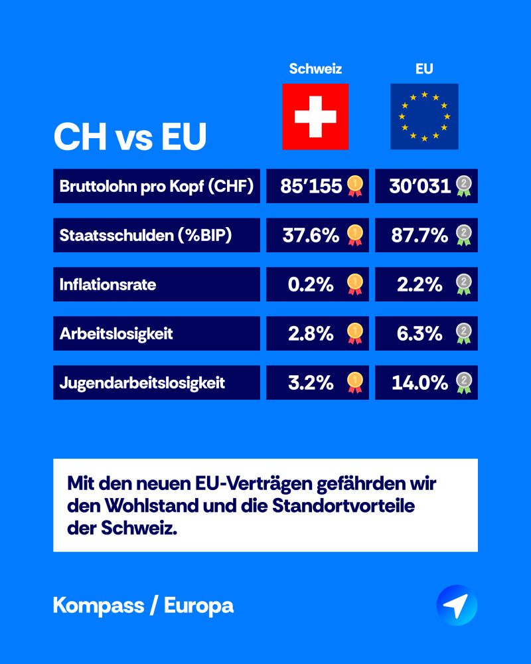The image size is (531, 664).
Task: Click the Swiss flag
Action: click(x=315, y=116)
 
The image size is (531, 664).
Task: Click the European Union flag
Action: click(x=424, y=116)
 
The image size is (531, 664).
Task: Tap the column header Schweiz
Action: click(x=315, y=68)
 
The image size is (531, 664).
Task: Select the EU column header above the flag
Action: click(x=424, y=68)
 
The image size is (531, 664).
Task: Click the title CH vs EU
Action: click(x=130, y=136)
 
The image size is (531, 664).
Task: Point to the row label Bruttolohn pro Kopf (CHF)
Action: click(x=156, y=186)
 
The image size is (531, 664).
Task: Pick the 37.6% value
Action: click(x=311, y=235)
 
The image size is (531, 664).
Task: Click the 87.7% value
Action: click(x=419, y=235)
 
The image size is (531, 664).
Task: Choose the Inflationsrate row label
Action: click(x=108, y=284)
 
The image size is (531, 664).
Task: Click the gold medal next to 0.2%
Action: click(x=355, y=284)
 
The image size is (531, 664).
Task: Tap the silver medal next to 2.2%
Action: click(x=463, y=284)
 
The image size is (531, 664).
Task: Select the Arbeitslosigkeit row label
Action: click(x=115, y=333)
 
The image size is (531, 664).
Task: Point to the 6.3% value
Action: click(x=419, y=333)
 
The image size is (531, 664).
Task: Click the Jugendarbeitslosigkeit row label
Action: click(x=142, y=382)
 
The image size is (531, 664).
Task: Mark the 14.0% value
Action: click(x=419, y=382)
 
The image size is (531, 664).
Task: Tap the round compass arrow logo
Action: click(x=457, y=605)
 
